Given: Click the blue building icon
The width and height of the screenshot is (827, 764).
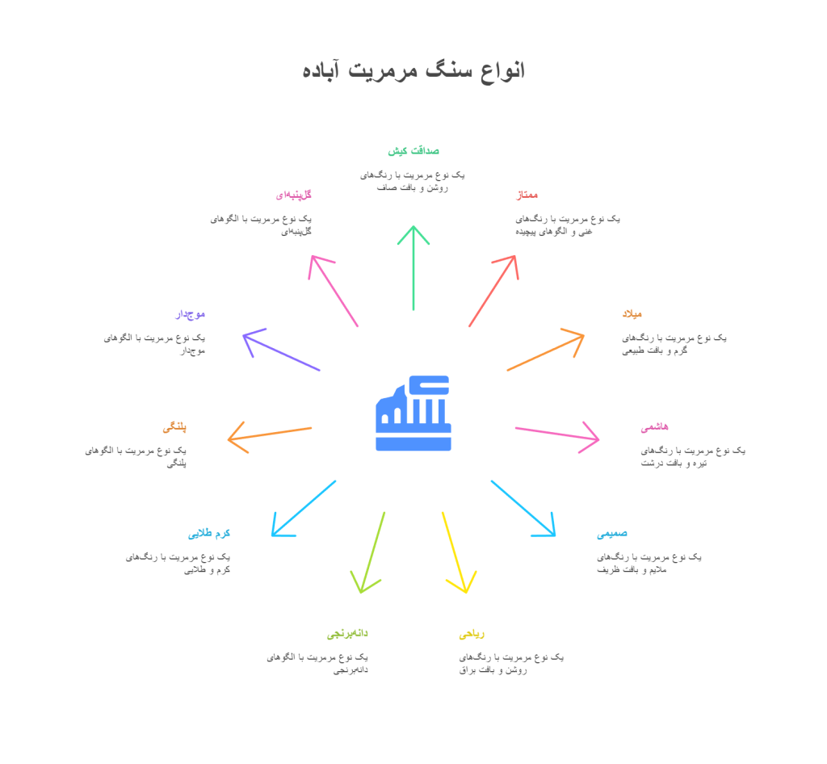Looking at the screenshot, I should pyautogui.click(x=413, y=413).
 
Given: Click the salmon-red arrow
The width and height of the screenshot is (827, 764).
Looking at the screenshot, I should pyautogui.click(x=493, y=291).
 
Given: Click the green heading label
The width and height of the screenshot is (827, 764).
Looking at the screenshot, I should pyautogui.click(x=413, y=151).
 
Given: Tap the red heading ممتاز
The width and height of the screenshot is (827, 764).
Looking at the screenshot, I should pyautogui.click(x=527, y=195).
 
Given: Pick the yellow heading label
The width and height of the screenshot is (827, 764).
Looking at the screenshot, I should pyautogui.click(x=471, y=634).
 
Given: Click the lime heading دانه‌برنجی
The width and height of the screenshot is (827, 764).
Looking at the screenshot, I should pyautogui.click(x=347, y=634).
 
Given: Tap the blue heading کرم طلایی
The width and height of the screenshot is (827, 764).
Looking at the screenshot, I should pyautogui.click(x=209, y=534).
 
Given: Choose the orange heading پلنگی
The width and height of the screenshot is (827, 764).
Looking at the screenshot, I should pyautogui.click(x=174, y=426).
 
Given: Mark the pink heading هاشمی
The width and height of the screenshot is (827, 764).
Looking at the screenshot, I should pyautogui.click(x=654, y=426).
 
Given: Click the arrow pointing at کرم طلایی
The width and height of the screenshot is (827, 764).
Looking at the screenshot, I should pyautogui.click(x=304, y=508).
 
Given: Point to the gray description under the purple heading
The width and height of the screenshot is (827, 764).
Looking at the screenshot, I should pyautogui.click(x=155, y=344).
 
